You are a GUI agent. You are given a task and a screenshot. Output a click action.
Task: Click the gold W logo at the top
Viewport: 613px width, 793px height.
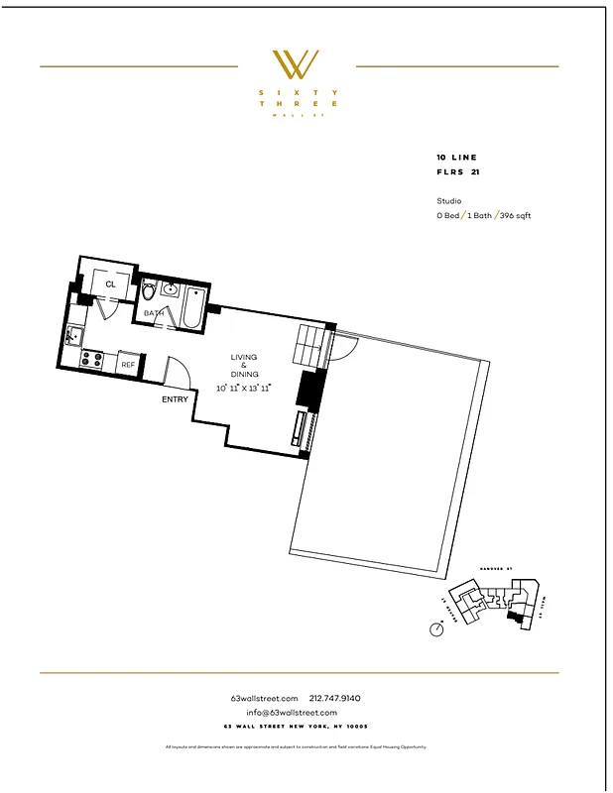pyautogui.click(x=297, y=64)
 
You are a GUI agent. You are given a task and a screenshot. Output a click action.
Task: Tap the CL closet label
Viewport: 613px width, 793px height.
pyautogui.click(x=110, y=284)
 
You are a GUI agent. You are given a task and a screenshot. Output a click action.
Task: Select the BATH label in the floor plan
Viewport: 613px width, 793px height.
pyautogui.click(x=154, y=313)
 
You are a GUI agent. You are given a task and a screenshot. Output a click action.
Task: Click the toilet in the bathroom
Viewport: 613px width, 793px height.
pyautogui.click(x=150, y=291)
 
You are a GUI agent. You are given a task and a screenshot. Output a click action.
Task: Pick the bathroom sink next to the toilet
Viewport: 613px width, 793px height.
pyautogui.click(x=169, y=289)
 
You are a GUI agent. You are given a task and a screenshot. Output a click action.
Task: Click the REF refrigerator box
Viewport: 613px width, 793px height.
pyautogui.click(x=128, y=365)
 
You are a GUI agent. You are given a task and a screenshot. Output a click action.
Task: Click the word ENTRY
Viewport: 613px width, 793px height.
pyautogui.click(x=175, y=399)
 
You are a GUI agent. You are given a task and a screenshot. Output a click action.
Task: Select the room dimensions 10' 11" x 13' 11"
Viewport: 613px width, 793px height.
pyautogui.click(x=244, y=388)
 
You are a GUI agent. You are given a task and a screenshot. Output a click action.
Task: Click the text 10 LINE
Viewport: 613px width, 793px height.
pyautogui.click(x=456, y=158)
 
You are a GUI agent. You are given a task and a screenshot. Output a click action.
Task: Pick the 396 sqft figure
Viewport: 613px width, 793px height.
pyautogui.click(x=515, y=215)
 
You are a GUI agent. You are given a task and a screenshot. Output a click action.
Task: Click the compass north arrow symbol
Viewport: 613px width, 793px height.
pyautogui.click(x=435, y=629)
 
